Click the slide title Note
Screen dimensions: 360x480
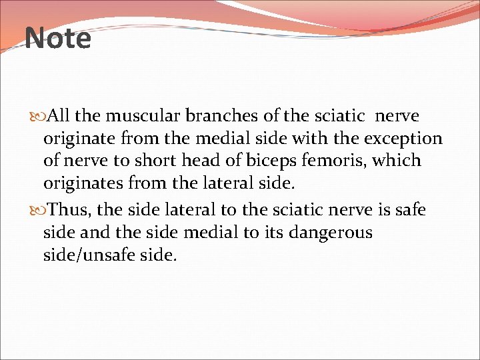[58, 39]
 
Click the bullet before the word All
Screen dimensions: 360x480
[36, 117]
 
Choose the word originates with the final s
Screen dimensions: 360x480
[87, 183]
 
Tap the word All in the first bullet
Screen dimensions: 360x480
[59, 116]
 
